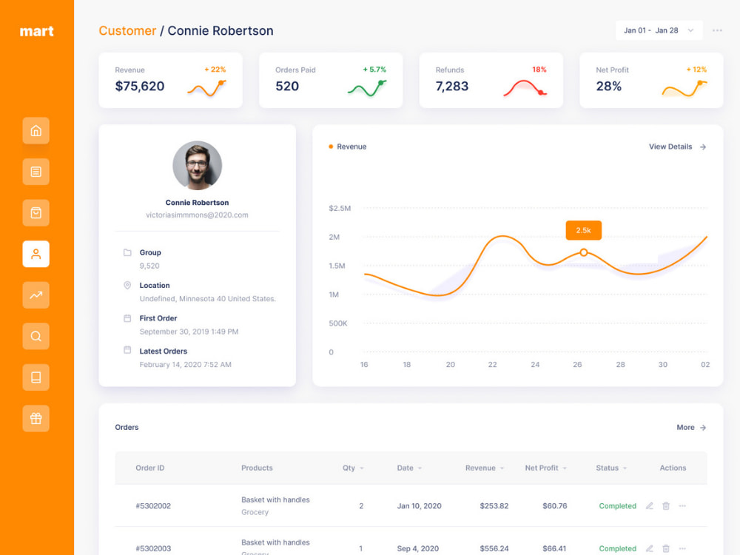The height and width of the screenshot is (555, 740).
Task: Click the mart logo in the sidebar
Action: point(37,31)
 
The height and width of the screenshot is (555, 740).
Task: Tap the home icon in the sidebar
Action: point(36,131)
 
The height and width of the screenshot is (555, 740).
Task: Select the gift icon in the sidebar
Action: point(36,418)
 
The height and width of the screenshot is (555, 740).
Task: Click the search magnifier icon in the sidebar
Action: point(36,336)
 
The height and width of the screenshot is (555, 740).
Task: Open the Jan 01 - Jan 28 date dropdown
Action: point(659,30)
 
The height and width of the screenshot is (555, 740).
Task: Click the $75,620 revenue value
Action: point(140,87)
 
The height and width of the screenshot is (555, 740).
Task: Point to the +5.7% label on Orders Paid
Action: point(374,70)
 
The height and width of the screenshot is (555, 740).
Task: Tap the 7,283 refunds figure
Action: point(451,87)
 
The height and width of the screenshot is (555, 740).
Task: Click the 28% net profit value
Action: point(609,87)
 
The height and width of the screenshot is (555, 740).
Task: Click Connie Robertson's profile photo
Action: point(198,165)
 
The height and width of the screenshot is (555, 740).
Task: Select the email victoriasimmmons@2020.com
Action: point(198,215)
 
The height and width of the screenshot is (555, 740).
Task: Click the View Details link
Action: point(677,147)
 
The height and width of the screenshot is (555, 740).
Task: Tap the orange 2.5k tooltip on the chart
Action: point(583,230)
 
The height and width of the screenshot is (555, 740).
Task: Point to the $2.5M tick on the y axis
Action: point(340,208)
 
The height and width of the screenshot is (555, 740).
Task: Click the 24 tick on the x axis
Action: point(535,364)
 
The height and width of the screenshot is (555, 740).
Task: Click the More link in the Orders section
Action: point(691,427)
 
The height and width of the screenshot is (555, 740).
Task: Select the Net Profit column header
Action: point(542,468)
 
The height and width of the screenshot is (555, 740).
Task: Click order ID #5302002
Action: point(153,506)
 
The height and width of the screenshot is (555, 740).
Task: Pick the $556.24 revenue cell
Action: point(494,548)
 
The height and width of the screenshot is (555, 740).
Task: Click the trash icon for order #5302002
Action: point(666,506)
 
